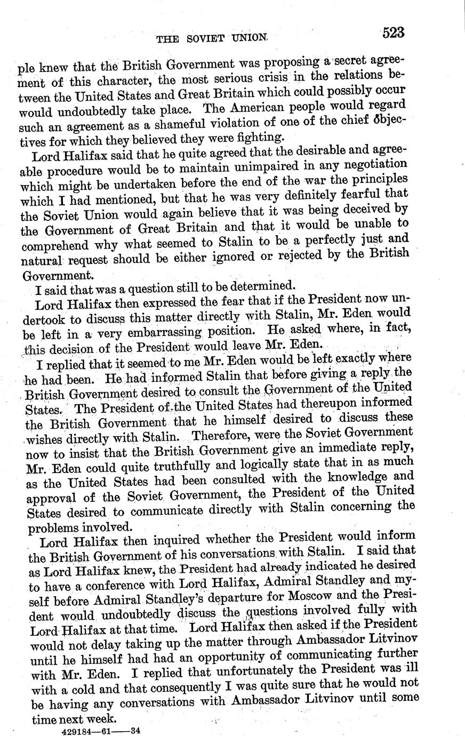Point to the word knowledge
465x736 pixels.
click(x=359, y=478)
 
